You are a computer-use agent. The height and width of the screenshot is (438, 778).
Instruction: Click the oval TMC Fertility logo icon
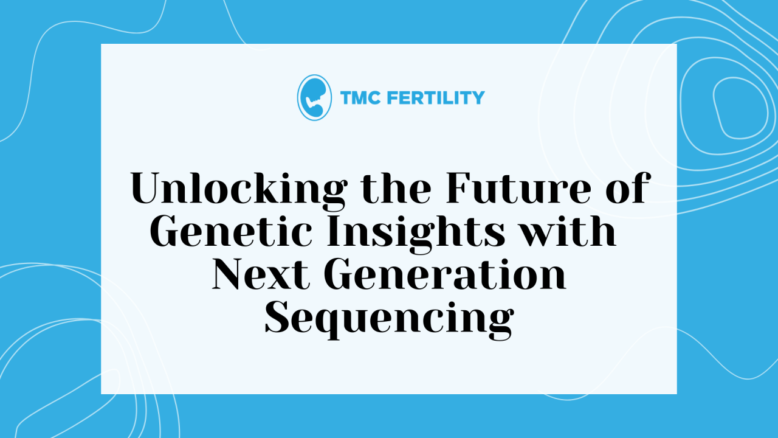click(314, 98)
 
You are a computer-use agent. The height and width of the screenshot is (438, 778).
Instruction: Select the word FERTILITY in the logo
click(436, 98)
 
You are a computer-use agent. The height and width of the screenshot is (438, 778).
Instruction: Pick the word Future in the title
click(518, 189)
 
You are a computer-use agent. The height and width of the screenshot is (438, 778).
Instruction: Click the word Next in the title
click(261, 274)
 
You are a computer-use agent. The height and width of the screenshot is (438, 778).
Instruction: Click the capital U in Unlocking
click(150, 189)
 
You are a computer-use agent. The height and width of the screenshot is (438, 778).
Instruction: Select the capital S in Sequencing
click(277, 318)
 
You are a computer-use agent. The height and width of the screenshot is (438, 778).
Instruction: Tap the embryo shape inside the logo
click(314, 97)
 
